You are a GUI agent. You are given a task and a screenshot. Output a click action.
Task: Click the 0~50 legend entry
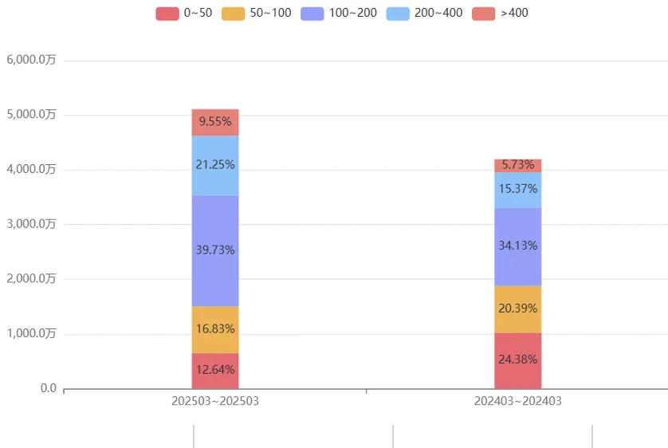[x=183, y=13]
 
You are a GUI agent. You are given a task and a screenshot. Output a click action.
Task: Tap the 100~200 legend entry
[x=339, y=13]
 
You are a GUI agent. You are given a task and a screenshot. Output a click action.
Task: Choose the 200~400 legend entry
[x=424, y=13]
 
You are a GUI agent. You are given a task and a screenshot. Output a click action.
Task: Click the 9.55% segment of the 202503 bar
[x=215, y=122]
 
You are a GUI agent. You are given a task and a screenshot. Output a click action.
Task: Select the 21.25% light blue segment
[x=215, y=165]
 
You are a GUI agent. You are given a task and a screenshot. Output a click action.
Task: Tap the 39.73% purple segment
[x=215, y=250]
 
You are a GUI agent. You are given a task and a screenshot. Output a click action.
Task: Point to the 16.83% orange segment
[x=215, y=329]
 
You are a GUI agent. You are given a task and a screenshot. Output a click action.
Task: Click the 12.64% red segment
[x=215, y=370]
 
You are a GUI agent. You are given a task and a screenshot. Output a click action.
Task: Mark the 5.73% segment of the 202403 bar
[x=517, y=165]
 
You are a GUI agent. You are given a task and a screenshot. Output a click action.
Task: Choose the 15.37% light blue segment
[x=517, y=190]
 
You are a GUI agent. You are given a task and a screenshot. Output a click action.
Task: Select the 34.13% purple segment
[x=517, y=246]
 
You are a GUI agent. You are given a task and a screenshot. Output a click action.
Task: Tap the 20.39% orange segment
[x=517, y=308]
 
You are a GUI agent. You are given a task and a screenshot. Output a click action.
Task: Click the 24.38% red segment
[x=517, y=360]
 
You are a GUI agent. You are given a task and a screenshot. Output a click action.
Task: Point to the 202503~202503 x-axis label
[x=215, y=402]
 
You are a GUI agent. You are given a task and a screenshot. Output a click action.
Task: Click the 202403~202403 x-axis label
[x=517, y=402]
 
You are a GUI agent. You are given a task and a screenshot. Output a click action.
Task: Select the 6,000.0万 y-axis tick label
[x=31, y=60]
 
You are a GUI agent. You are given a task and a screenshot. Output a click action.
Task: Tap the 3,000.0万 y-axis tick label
[x=31, y=224]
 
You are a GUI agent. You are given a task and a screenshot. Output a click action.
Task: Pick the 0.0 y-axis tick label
[x=48, y=388]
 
